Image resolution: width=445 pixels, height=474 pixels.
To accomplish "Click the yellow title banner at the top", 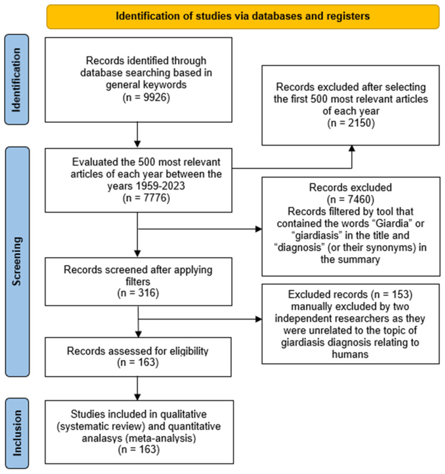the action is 243,17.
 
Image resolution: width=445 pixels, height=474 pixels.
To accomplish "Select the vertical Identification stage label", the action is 17,80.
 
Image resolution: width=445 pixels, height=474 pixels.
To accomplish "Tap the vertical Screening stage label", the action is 17,261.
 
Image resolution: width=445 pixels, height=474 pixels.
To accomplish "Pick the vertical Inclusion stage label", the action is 17,433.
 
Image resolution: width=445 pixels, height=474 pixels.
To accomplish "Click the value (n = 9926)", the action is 147,97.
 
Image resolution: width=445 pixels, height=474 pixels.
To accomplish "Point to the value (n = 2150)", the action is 351,123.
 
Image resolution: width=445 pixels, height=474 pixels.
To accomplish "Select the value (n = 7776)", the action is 147,198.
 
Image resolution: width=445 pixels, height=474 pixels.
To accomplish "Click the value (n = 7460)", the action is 351,200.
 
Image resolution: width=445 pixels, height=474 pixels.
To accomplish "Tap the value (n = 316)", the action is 138,293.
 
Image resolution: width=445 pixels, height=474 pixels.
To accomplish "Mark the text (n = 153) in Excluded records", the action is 392,295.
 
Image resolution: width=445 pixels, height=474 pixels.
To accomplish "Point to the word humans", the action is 350,354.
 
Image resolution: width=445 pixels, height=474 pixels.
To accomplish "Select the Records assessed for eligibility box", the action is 138,357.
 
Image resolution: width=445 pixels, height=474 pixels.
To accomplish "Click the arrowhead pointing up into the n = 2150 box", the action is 352,148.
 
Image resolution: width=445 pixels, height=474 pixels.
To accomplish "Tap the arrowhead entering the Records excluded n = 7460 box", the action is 259,229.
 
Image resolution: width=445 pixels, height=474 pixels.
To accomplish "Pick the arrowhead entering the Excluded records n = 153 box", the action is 259,319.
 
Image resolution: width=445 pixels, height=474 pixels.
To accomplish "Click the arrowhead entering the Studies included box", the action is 138,397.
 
